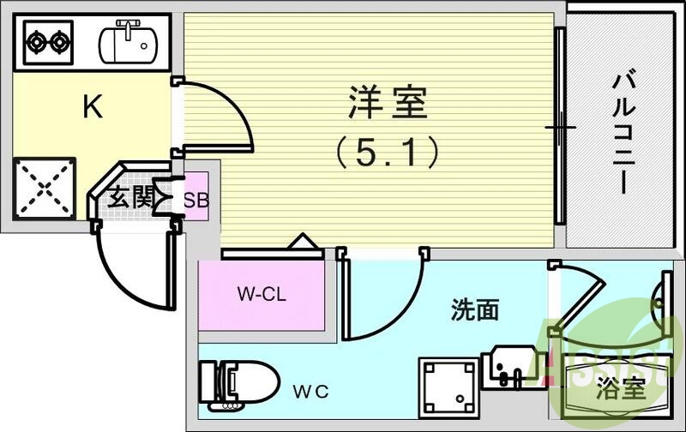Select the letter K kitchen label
tap(92, 107)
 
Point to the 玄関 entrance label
tap(129, 200)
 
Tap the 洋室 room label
tap(388, 105)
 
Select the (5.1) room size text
tap(387, 153)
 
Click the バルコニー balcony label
tap(623, 134)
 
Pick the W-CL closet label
tap(262, 295)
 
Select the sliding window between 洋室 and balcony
tap(559, 129)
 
